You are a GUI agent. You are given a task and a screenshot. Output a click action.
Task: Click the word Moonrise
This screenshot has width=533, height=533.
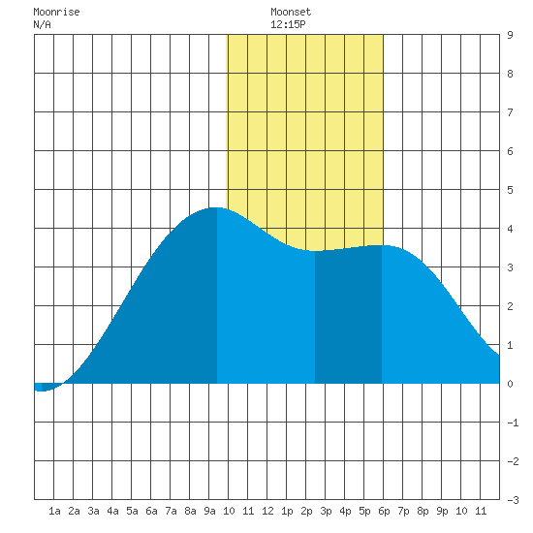click(56, 12)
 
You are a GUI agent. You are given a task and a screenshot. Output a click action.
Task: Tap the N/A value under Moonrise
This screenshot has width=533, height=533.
click(42, 24)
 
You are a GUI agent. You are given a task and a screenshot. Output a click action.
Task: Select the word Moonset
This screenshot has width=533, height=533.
click(291, 12)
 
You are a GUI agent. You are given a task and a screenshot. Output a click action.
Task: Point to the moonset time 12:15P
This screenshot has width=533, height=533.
click(288, 24)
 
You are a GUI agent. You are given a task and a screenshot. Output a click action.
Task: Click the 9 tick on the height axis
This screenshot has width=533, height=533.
click(510, 35)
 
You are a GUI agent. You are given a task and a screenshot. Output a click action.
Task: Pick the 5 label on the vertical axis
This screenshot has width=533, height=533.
click(510, 190)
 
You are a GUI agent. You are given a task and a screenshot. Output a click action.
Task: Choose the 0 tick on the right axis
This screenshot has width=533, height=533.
click(510, 384)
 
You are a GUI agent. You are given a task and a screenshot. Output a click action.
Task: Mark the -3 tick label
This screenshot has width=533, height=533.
click(513, 500)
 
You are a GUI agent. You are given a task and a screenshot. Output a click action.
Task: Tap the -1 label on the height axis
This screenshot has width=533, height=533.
click(513, 423)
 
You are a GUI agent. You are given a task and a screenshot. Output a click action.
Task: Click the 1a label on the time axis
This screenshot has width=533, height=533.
click(54, 511)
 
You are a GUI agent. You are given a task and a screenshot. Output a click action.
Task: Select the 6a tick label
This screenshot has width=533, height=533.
click(151, 511)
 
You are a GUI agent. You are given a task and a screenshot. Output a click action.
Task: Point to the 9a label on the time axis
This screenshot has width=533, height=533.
click(209, 511)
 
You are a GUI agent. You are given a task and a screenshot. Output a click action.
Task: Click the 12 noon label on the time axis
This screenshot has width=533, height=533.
click(267, 511)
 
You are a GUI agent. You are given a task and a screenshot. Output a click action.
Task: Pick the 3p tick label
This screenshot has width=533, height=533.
click(326, 511)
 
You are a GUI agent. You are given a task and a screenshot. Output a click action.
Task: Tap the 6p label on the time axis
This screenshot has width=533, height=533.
click(384, 511)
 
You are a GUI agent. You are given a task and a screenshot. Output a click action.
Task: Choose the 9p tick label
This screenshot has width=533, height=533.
click(442, 511)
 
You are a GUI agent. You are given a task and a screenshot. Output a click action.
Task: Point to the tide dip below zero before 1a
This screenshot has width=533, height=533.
click(41, 391)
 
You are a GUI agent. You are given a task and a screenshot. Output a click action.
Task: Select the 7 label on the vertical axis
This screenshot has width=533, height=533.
click(510, 112)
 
